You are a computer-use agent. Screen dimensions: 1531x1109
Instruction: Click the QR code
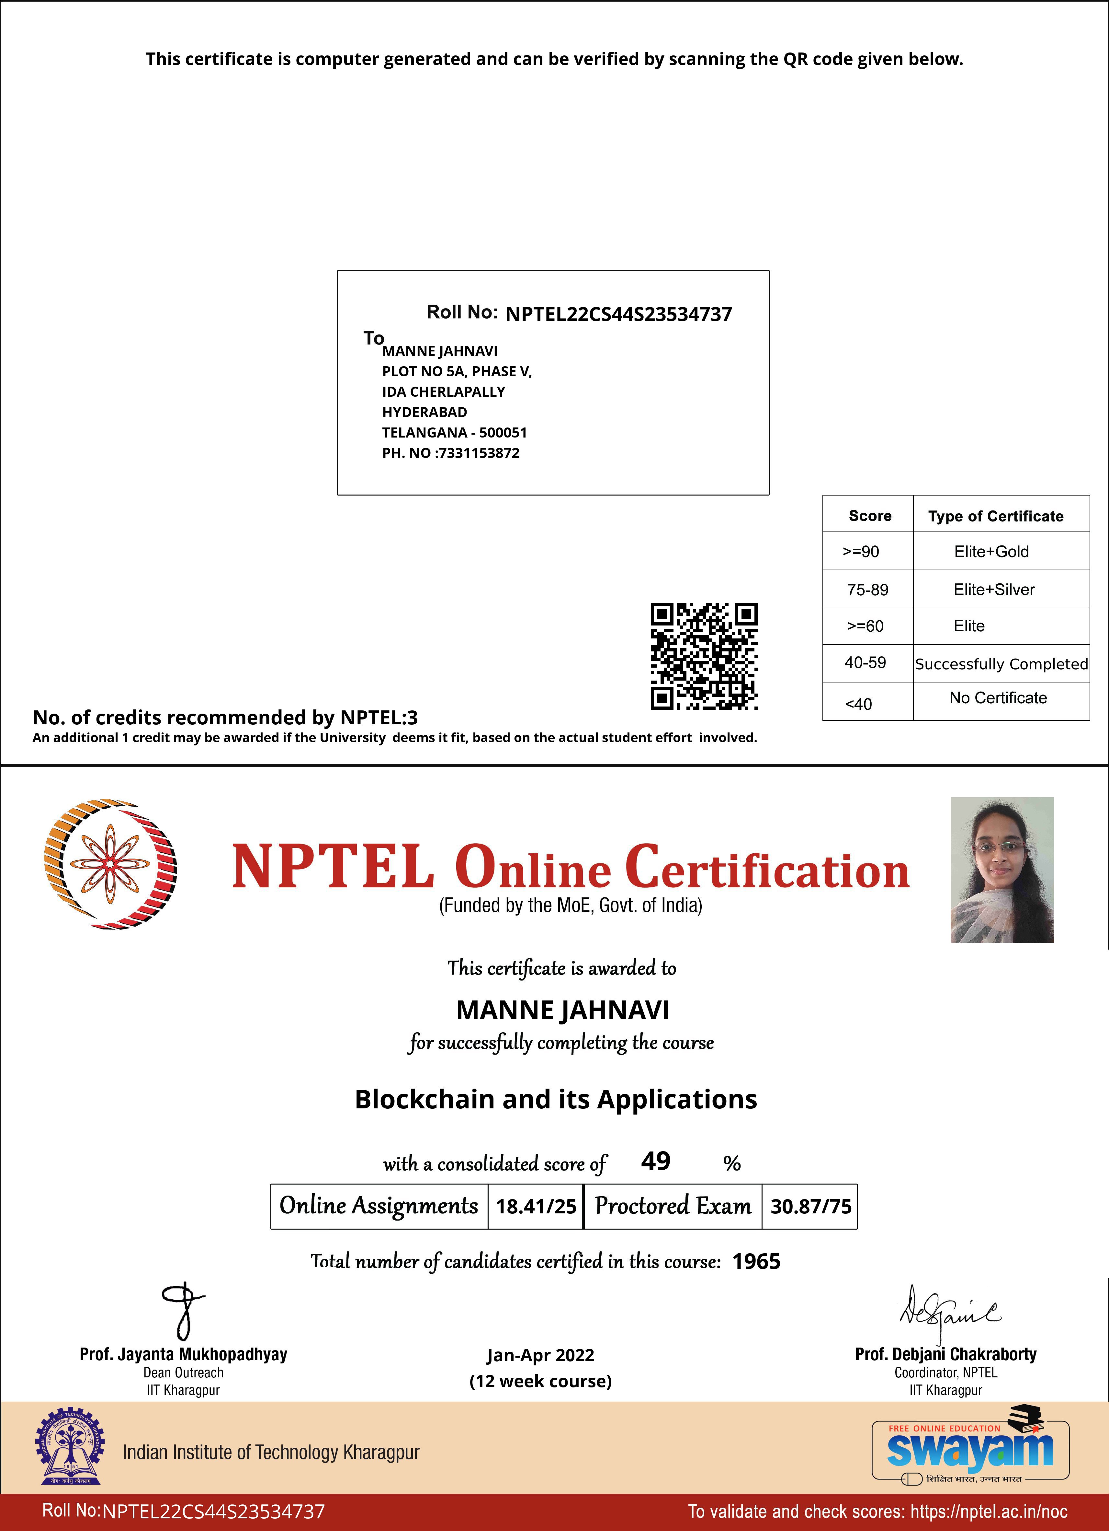click(704, 656)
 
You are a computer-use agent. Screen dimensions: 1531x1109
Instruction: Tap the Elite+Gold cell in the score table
click(991, 552)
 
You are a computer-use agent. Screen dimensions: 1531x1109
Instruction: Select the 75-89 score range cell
click(867, 589)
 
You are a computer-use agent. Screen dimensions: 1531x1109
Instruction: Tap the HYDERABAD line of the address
click(424, 412)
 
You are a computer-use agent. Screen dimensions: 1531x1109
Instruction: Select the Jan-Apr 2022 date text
click(540, 1355)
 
